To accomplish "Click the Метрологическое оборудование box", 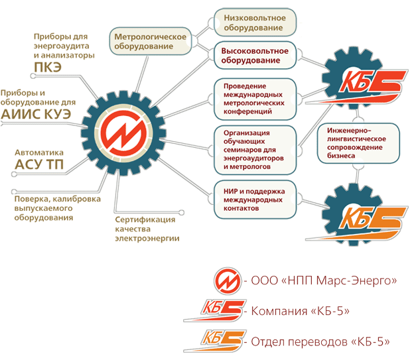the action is [x=151, y=41].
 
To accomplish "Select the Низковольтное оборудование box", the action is [x=255, y=23].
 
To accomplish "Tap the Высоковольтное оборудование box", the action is [x=255, y=56].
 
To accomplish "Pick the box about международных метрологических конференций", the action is [x=255, y=99].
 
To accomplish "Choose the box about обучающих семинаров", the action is [x=255, y=150].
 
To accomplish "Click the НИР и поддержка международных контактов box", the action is [x=255, y=200].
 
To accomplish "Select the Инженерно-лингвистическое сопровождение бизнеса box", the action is [x=358, y=143].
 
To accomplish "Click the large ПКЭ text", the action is [x=48, y=67].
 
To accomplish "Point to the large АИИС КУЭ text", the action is [x=36, y=114].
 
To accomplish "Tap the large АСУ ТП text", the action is [x=39, y=164].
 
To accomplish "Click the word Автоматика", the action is [x=39, y=152].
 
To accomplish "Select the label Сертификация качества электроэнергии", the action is [x=147, y=229].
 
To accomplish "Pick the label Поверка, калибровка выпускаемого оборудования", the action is [x=57, y=208].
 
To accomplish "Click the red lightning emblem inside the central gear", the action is [x=124, y=133].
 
